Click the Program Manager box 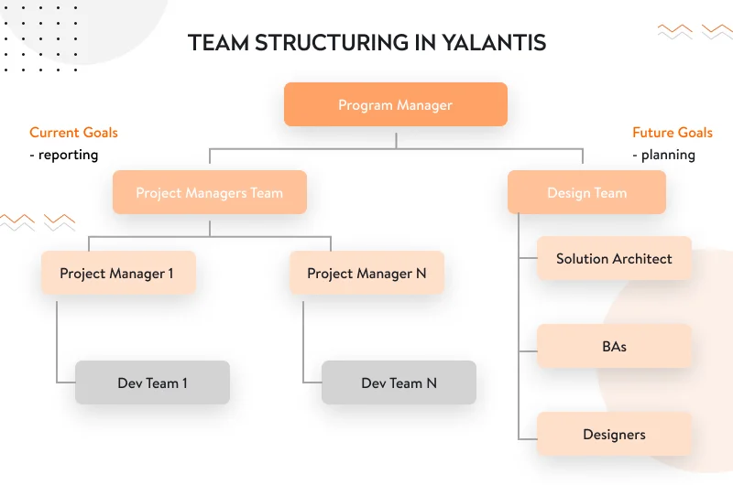[x=395, y=105]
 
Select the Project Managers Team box [x=209, y=193]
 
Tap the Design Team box [x=586, y=193]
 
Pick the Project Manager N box [x=366, y=273]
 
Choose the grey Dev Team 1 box [x=152, y=383]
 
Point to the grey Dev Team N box [x=399, y=383]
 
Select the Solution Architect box [x=614, y=259]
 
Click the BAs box [x=614, y=347]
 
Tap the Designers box [x=614, y=435]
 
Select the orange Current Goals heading [x=73, y=133]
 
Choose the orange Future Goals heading [x=673, y=133]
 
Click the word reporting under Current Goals [x=68, y=155]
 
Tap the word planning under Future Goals [x=668, y=155]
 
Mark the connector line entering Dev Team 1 [x=65, y=382]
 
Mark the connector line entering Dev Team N [x=312, y=382]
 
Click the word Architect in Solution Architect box [x=642, y=259]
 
